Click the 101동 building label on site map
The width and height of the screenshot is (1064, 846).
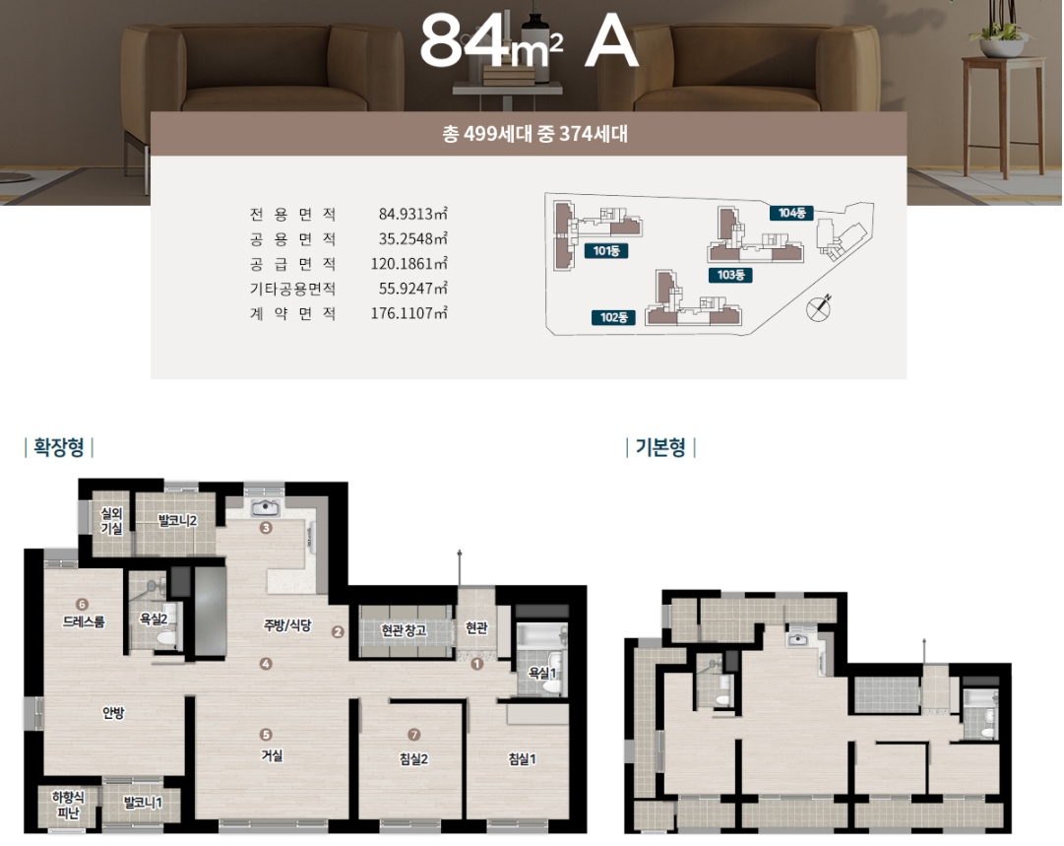(x=606, y=251)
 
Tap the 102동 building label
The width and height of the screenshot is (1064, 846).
(x=613, y=317)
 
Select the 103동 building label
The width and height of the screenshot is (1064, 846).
(x=730, y=275)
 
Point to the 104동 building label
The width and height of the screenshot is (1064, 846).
(x=791, y=213)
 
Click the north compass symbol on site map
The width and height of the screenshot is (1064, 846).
(x=818, y=307)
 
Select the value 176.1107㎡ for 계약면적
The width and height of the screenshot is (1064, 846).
(x=409, y=313)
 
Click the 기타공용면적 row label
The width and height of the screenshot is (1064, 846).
(x=292, y=289)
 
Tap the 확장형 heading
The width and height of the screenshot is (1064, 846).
(x=59, y=447)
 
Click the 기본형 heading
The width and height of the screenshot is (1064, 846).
(x=660, y=447)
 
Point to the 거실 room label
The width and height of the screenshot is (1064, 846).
(x=272, y=755)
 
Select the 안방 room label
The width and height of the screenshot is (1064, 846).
(x=113, y=713)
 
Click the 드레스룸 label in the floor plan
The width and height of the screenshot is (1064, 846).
(x=84, y=621)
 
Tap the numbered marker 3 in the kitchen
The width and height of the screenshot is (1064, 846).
(x=266, y=528)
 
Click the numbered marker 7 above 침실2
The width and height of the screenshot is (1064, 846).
(x=414, y=735)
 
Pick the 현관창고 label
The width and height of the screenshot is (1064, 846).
(x=405, y=630)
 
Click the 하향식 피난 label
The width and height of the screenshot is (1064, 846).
(x=69, y=805)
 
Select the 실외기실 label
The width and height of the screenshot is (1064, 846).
(x=111, y=521)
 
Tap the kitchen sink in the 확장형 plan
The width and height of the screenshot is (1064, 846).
(x=266, y=508)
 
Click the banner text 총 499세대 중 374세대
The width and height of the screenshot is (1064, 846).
(x=534, y=134)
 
